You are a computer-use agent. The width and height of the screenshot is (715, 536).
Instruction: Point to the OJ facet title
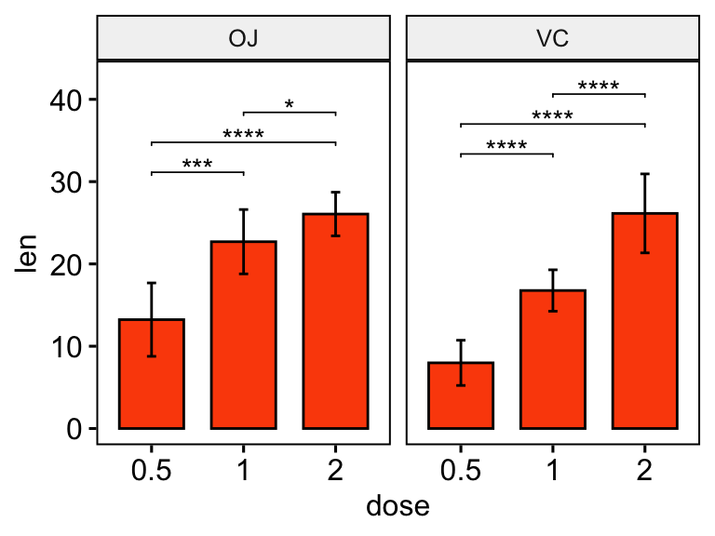pos(243,39)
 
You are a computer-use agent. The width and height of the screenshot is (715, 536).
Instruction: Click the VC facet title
pos(552,39)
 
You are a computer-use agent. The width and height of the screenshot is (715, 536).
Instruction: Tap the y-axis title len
pos(28,253)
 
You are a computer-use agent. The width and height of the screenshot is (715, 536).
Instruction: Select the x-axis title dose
pos(398,507)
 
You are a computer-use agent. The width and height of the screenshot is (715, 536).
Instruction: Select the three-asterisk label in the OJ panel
pos(197,166)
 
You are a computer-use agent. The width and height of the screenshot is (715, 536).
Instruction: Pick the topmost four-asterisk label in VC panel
pos(599,87)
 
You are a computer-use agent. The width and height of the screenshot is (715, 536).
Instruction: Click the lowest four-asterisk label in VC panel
pos(506,147)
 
